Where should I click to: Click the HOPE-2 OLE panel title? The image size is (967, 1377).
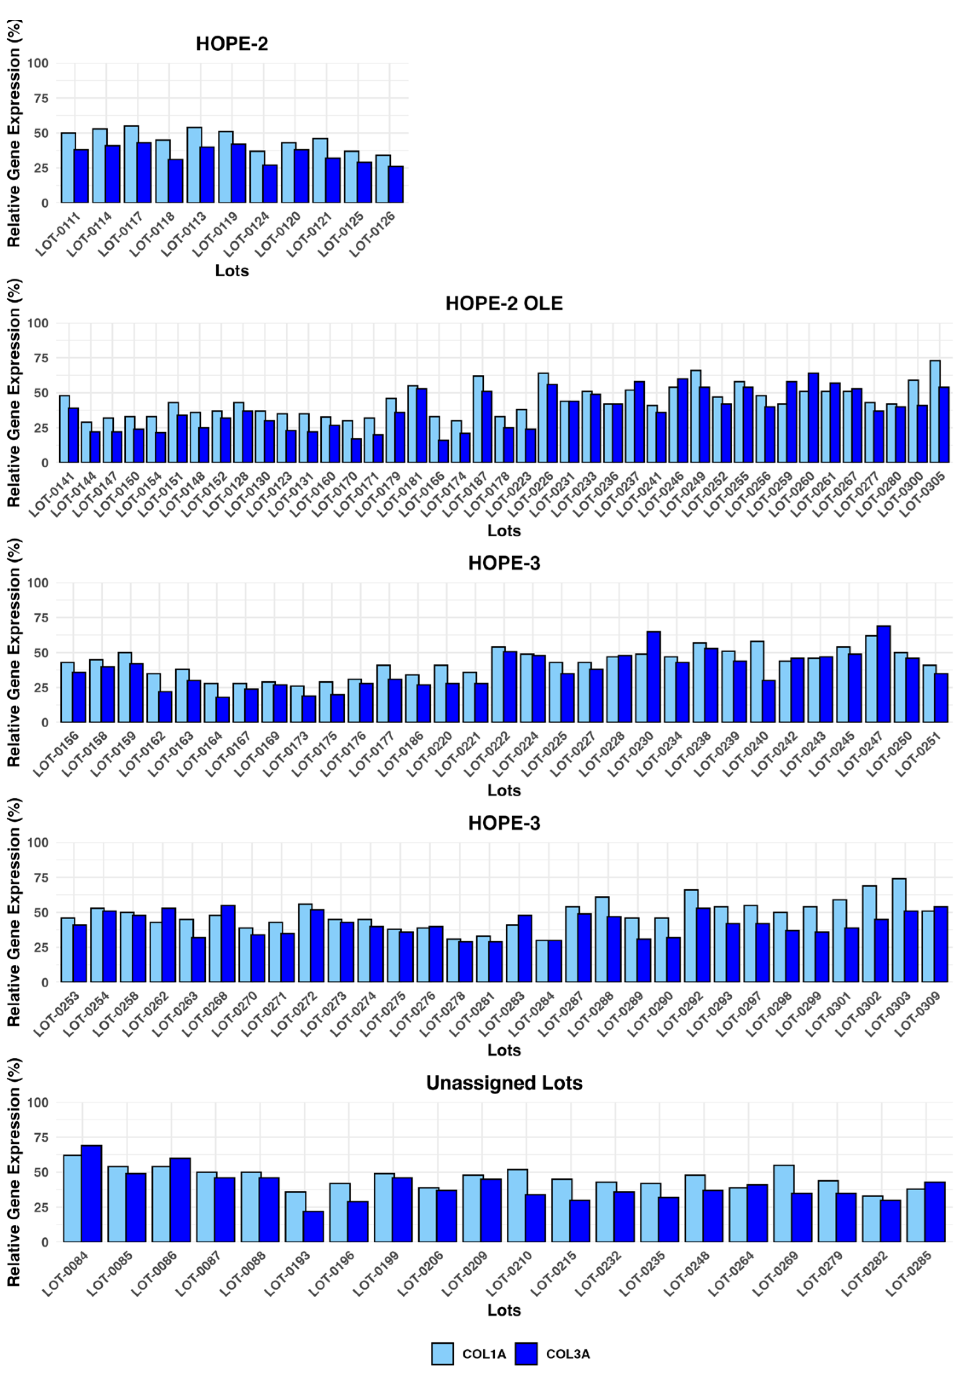click(504, 304)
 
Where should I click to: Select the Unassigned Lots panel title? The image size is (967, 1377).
click(504, 1082)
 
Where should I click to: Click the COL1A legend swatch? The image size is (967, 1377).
click(442, 1354)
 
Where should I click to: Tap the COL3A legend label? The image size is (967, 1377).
click(568, 1354)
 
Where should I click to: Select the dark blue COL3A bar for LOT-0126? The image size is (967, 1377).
click(395, 185)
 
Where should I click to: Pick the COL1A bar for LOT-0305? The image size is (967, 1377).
click(935, 411)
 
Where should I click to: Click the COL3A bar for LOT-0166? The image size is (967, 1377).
click(443, 451)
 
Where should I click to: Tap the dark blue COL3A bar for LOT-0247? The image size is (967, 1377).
click(883, 674)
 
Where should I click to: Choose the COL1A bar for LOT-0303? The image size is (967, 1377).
click(899, 930)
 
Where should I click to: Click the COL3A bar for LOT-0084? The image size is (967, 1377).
click(91, 1194)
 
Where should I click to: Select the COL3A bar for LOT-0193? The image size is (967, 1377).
click(313, 1227)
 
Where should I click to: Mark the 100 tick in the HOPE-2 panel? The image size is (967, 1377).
click(40, 64)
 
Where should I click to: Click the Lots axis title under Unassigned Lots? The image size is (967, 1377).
click(504, 1310)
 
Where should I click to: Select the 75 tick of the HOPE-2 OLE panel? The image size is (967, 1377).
click(40, 358)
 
